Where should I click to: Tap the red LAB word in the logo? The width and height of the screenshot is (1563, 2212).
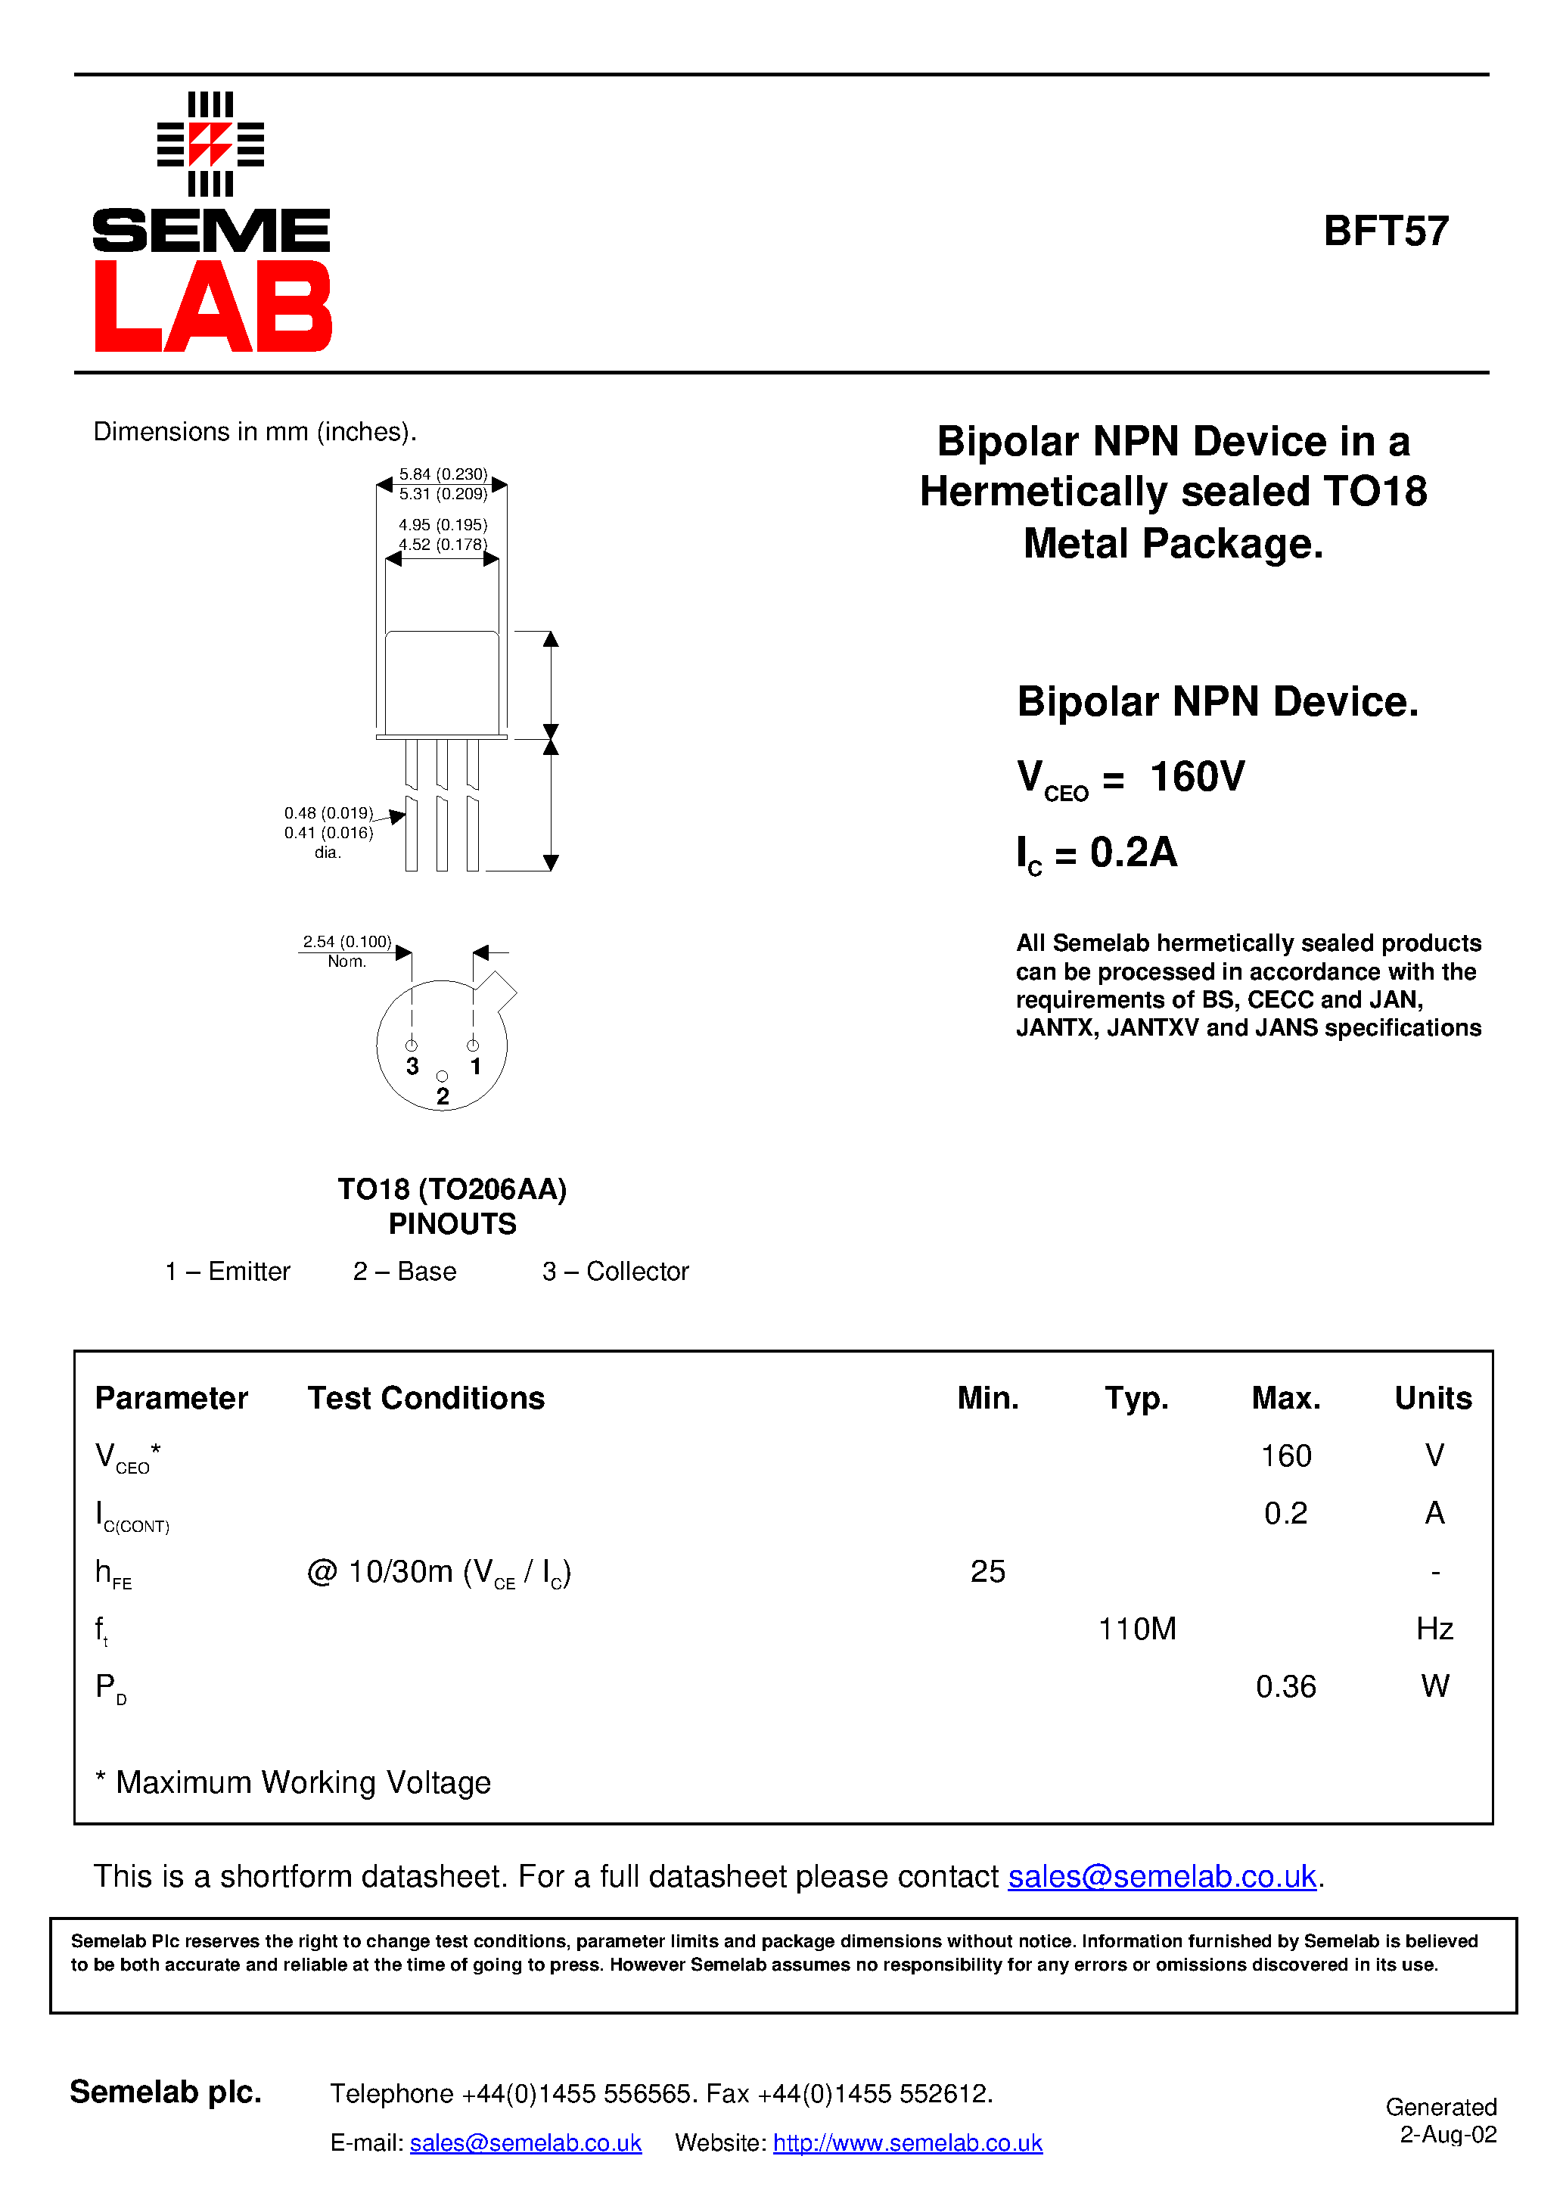click(x=213, y=306)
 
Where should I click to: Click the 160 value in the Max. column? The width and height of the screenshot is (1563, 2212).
click(x=1285, y=1456)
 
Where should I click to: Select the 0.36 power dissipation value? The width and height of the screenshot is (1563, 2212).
click(x=1285, y=1687)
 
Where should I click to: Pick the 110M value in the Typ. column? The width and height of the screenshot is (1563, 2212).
click(x=1137, y=1629)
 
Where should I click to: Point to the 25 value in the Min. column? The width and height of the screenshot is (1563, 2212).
click(x=988, y=1571)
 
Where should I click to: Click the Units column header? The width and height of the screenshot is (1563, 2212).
click(x=1433, y=1398)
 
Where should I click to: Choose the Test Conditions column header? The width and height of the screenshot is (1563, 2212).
click(x=426, y=1398)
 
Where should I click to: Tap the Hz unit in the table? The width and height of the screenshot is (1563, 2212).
click(x=1434, y=1629)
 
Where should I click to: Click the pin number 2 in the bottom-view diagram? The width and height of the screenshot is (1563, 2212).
click(x=443, y=1096)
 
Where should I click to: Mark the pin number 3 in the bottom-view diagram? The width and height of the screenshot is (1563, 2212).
click(x=412, y=1067)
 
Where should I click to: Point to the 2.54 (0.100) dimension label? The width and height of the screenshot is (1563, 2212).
click(x=347, y=941)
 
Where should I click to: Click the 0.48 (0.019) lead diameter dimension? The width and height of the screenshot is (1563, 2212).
click(x=328, y=813)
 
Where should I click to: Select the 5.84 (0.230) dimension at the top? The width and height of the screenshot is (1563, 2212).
click(x=443, y=474)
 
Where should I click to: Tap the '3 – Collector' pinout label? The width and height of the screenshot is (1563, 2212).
click(x=616, y=1272)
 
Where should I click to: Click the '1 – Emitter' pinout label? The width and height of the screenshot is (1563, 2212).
click(x=228, y=1272)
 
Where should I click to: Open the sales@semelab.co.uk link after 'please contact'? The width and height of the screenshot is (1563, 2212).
click(x=1161, y=1877)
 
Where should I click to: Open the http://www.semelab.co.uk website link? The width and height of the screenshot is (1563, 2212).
click(x=908, y=2142)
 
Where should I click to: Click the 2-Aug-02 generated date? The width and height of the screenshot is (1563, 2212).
click(x=1447, y=2135)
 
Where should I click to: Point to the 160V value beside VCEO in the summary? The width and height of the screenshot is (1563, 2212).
click(x=1198, y=776)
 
